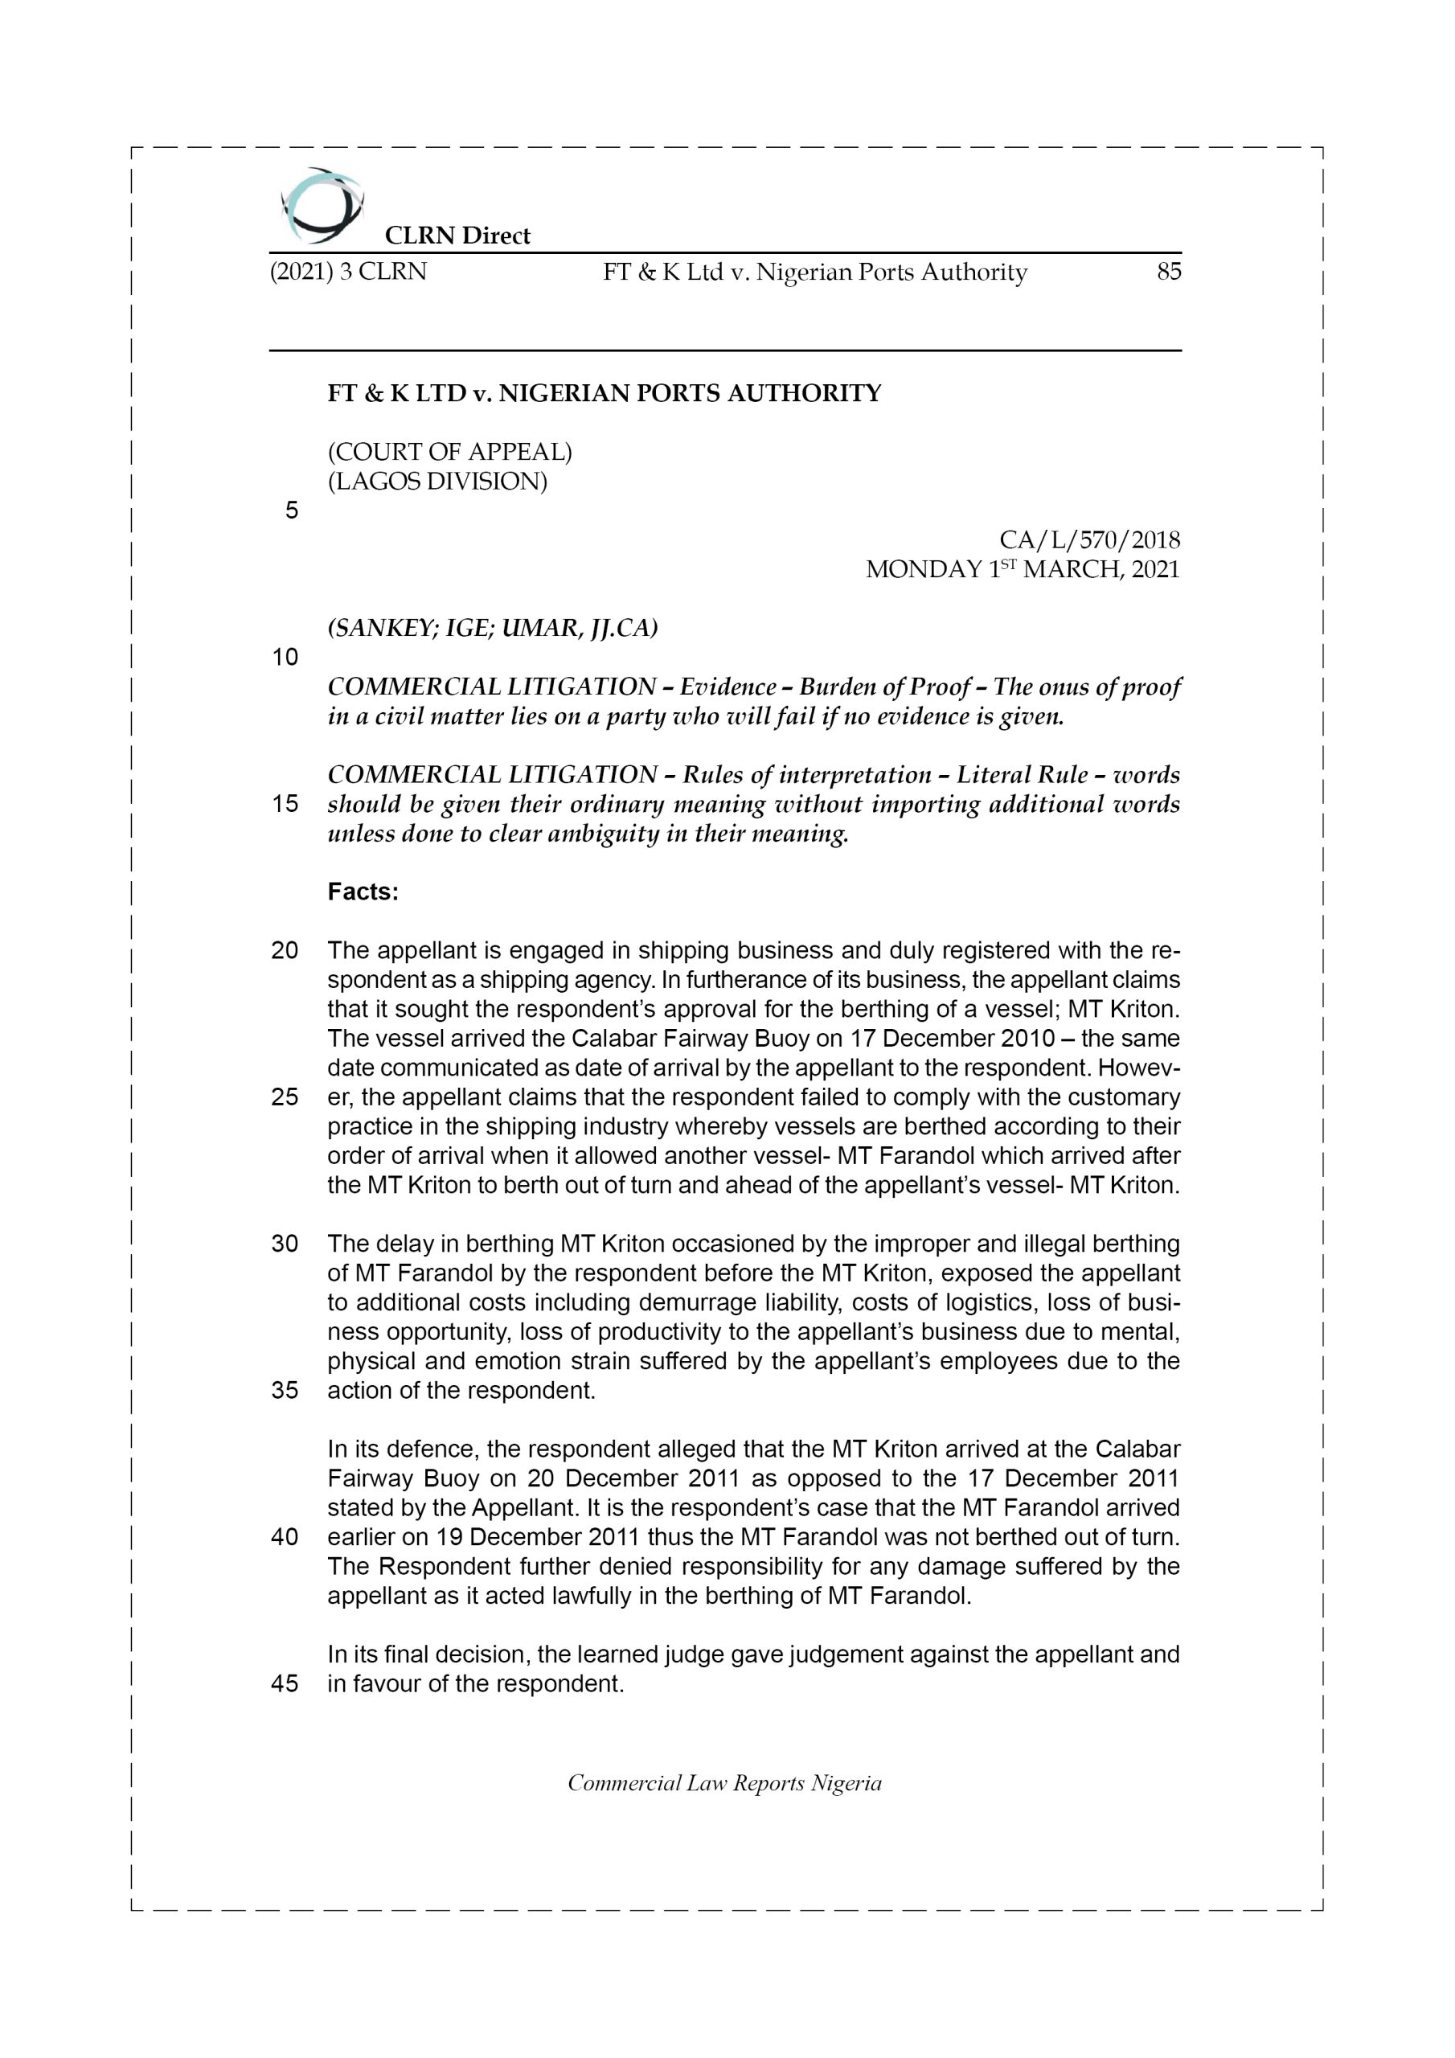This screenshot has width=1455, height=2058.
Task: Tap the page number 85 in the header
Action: point(1168,272)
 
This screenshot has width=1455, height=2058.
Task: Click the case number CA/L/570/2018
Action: point(1089,540)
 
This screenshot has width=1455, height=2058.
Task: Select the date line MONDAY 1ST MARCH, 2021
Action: point(1022,570)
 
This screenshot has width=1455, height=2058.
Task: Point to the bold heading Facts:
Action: point(363,893)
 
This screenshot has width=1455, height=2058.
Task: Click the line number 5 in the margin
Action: point(291,511)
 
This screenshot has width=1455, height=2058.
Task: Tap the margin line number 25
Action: point(285,1098)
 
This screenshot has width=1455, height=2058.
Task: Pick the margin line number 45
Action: point(285,1684)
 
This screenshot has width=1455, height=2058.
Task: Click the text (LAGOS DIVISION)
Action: point(436,482)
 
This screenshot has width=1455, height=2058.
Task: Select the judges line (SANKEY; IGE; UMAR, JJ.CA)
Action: point(492,629)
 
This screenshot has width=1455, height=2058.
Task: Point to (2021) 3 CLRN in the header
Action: point(349,272)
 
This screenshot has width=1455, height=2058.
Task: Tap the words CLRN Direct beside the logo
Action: point(457,236)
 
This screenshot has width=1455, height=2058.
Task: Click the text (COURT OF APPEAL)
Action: point(449,453)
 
